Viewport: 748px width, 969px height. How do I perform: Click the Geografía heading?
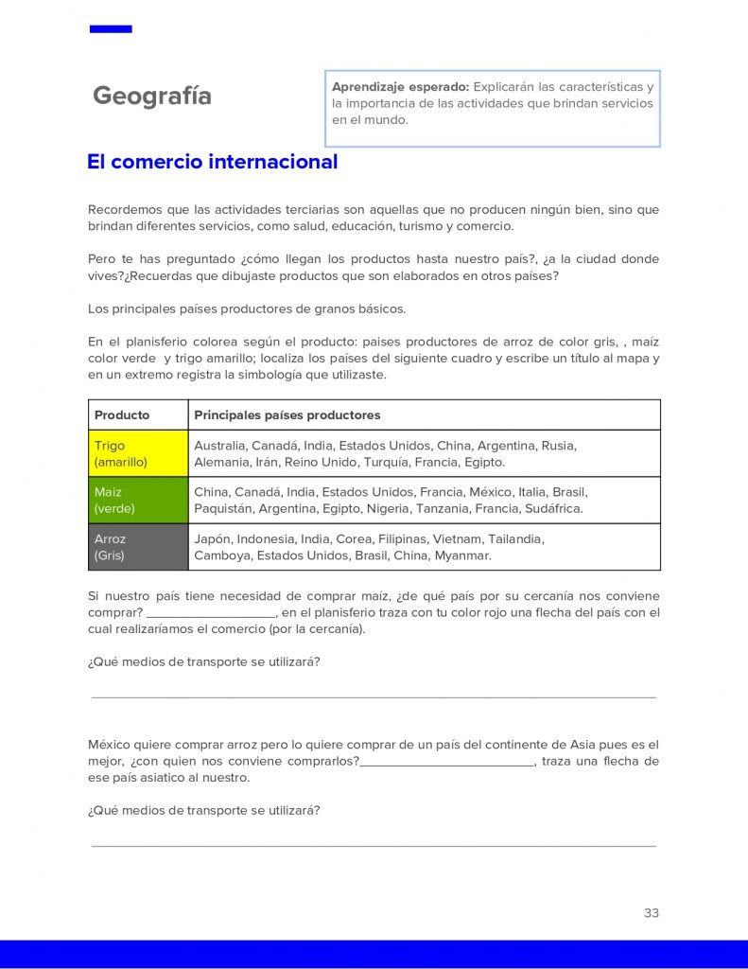[x=152, y=97]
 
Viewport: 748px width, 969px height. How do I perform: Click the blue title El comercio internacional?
[x=212, y=162]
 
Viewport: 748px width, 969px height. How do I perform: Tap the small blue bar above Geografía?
[x=111, y=29]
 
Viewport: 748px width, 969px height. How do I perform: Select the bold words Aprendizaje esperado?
[x=400, y=87]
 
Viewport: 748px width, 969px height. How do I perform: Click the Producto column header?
[x=122, y=414]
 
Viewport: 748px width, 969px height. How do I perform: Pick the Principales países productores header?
[x=287, y=414]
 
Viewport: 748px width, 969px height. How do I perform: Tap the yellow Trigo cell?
[x=138, y=453]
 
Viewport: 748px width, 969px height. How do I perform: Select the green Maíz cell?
[x=138, y=500]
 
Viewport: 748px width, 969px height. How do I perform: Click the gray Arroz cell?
[x=138, y=547]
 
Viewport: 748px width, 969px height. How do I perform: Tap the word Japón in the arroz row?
[x=212, y=538]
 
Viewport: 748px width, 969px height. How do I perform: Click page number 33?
[x=651, y=913]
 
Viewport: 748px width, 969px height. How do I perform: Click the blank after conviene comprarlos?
[x=446, y=762]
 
